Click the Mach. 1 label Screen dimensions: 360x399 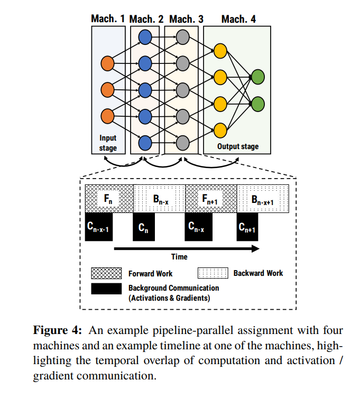pos(108,19)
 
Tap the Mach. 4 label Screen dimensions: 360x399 pos(238,19)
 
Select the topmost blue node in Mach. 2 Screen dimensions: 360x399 pos(145,37)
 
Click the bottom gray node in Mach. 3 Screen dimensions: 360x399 pos(182,143)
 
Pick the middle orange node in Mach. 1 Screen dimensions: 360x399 pos(107,90)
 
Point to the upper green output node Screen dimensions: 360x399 pos(258,77)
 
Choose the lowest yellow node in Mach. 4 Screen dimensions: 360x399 pos(220,131)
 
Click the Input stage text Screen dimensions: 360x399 pos(108,143)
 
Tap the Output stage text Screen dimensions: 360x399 pos(238,146)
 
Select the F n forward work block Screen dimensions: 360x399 pos(109,199)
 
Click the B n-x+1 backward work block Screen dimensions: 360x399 pos(263,199)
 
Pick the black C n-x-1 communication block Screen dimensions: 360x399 pos(99,227)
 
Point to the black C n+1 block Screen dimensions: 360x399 pos(247,227)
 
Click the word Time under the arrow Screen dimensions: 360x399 pos(179,257)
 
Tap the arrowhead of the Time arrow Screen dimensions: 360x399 pos(255,248)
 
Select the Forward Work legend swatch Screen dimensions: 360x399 pos(106,273)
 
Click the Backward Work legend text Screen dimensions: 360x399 pos(258,273)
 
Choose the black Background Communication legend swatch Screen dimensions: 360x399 pos(106,289)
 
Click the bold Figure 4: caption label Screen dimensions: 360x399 pos(58,330)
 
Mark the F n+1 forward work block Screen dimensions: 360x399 pos(211,199)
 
